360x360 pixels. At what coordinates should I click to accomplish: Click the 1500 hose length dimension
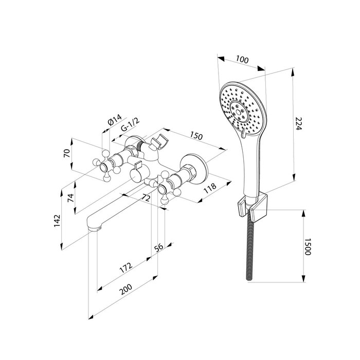pyautogui.click(x=307, y=246)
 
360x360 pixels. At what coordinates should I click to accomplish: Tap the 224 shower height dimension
pyautogui.click(x=298, y=123)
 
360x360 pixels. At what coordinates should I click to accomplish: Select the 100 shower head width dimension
pyautogui.click(x=242, y=60)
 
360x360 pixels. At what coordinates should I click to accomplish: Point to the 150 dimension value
pyautogui.click(x=196, y=136)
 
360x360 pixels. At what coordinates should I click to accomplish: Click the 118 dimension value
pyautogui.click(x=210, y=188)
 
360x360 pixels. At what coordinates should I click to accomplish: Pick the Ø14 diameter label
pyautogui.click(x=114, y=119)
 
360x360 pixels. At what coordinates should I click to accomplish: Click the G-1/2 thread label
pyautogui.click(x=130, y=124)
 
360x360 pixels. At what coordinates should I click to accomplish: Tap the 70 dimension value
pyautogui.click(x=66, y=153)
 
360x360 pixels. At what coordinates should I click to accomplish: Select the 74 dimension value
pyautogui.click(x=71, y=197)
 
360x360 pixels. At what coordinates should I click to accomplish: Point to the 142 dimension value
pyautogui.click(x=57, y=221)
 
